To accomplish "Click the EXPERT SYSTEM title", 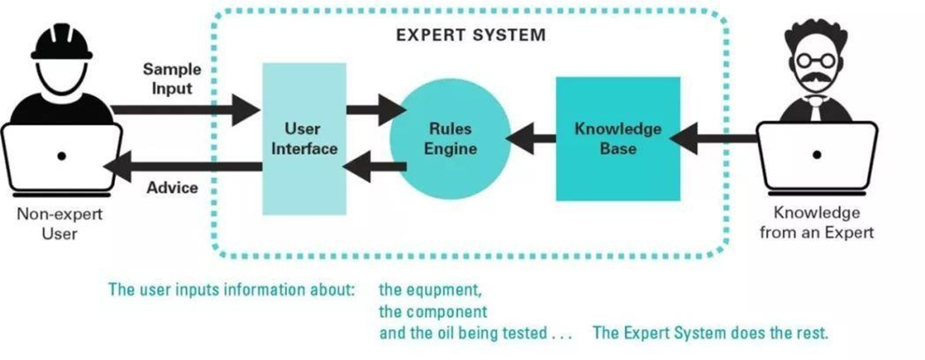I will [470, 35].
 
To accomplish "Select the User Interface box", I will [304, 139].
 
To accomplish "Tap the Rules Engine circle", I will [450, 139].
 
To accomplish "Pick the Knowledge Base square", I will [618, 139].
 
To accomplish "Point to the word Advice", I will [171, 188].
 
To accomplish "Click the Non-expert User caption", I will [60, 223].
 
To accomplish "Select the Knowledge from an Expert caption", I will [817, 223].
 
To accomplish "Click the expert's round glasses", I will [816, 61].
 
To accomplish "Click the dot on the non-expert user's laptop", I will [61, 156].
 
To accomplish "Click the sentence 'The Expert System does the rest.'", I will [710, 333].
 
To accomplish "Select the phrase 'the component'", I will [433, 311].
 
